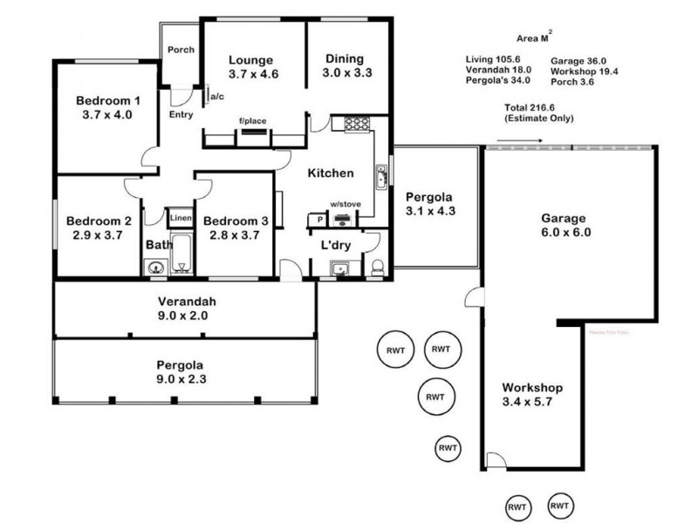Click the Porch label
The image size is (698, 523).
tap(181, 50)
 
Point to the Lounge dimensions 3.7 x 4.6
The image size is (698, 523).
tap(253, 74)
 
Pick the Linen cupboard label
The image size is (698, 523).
tap(180, 218)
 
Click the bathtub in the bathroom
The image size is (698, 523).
tap(182, 254)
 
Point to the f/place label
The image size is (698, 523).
tap(253, 121)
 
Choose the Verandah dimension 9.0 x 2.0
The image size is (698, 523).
tap(181, 316)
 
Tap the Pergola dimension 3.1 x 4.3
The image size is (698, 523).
tap(431, 212)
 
